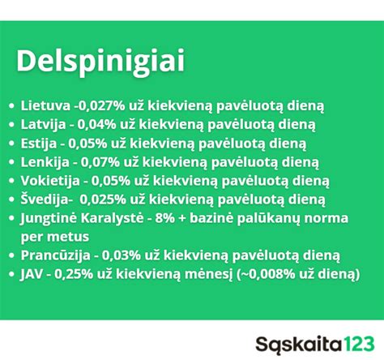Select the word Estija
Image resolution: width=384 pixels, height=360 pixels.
coord(40,144)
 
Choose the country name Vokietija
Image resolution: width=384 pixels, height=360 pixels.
coord(50,181)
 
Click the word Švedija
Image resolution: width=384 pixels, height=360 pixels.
coord(46,199)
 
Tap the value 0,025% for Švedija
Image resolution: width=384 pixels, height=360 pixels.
coord(112,199)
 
